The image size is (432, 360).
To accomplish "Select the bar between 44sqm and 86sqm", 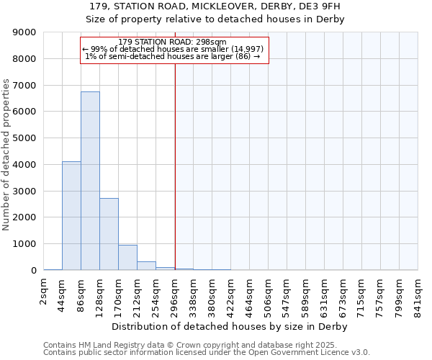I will point(71,216).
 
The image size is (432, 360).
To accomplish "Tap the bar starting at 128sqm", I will point(109,234).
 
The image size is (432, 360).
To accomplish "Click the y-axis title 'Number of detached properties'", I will point(6,155).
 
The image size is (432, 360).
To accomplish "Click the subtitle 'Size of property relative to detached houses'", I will point(215,19).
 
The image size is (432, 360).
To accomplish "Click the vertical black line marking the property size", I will point(175,166).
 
